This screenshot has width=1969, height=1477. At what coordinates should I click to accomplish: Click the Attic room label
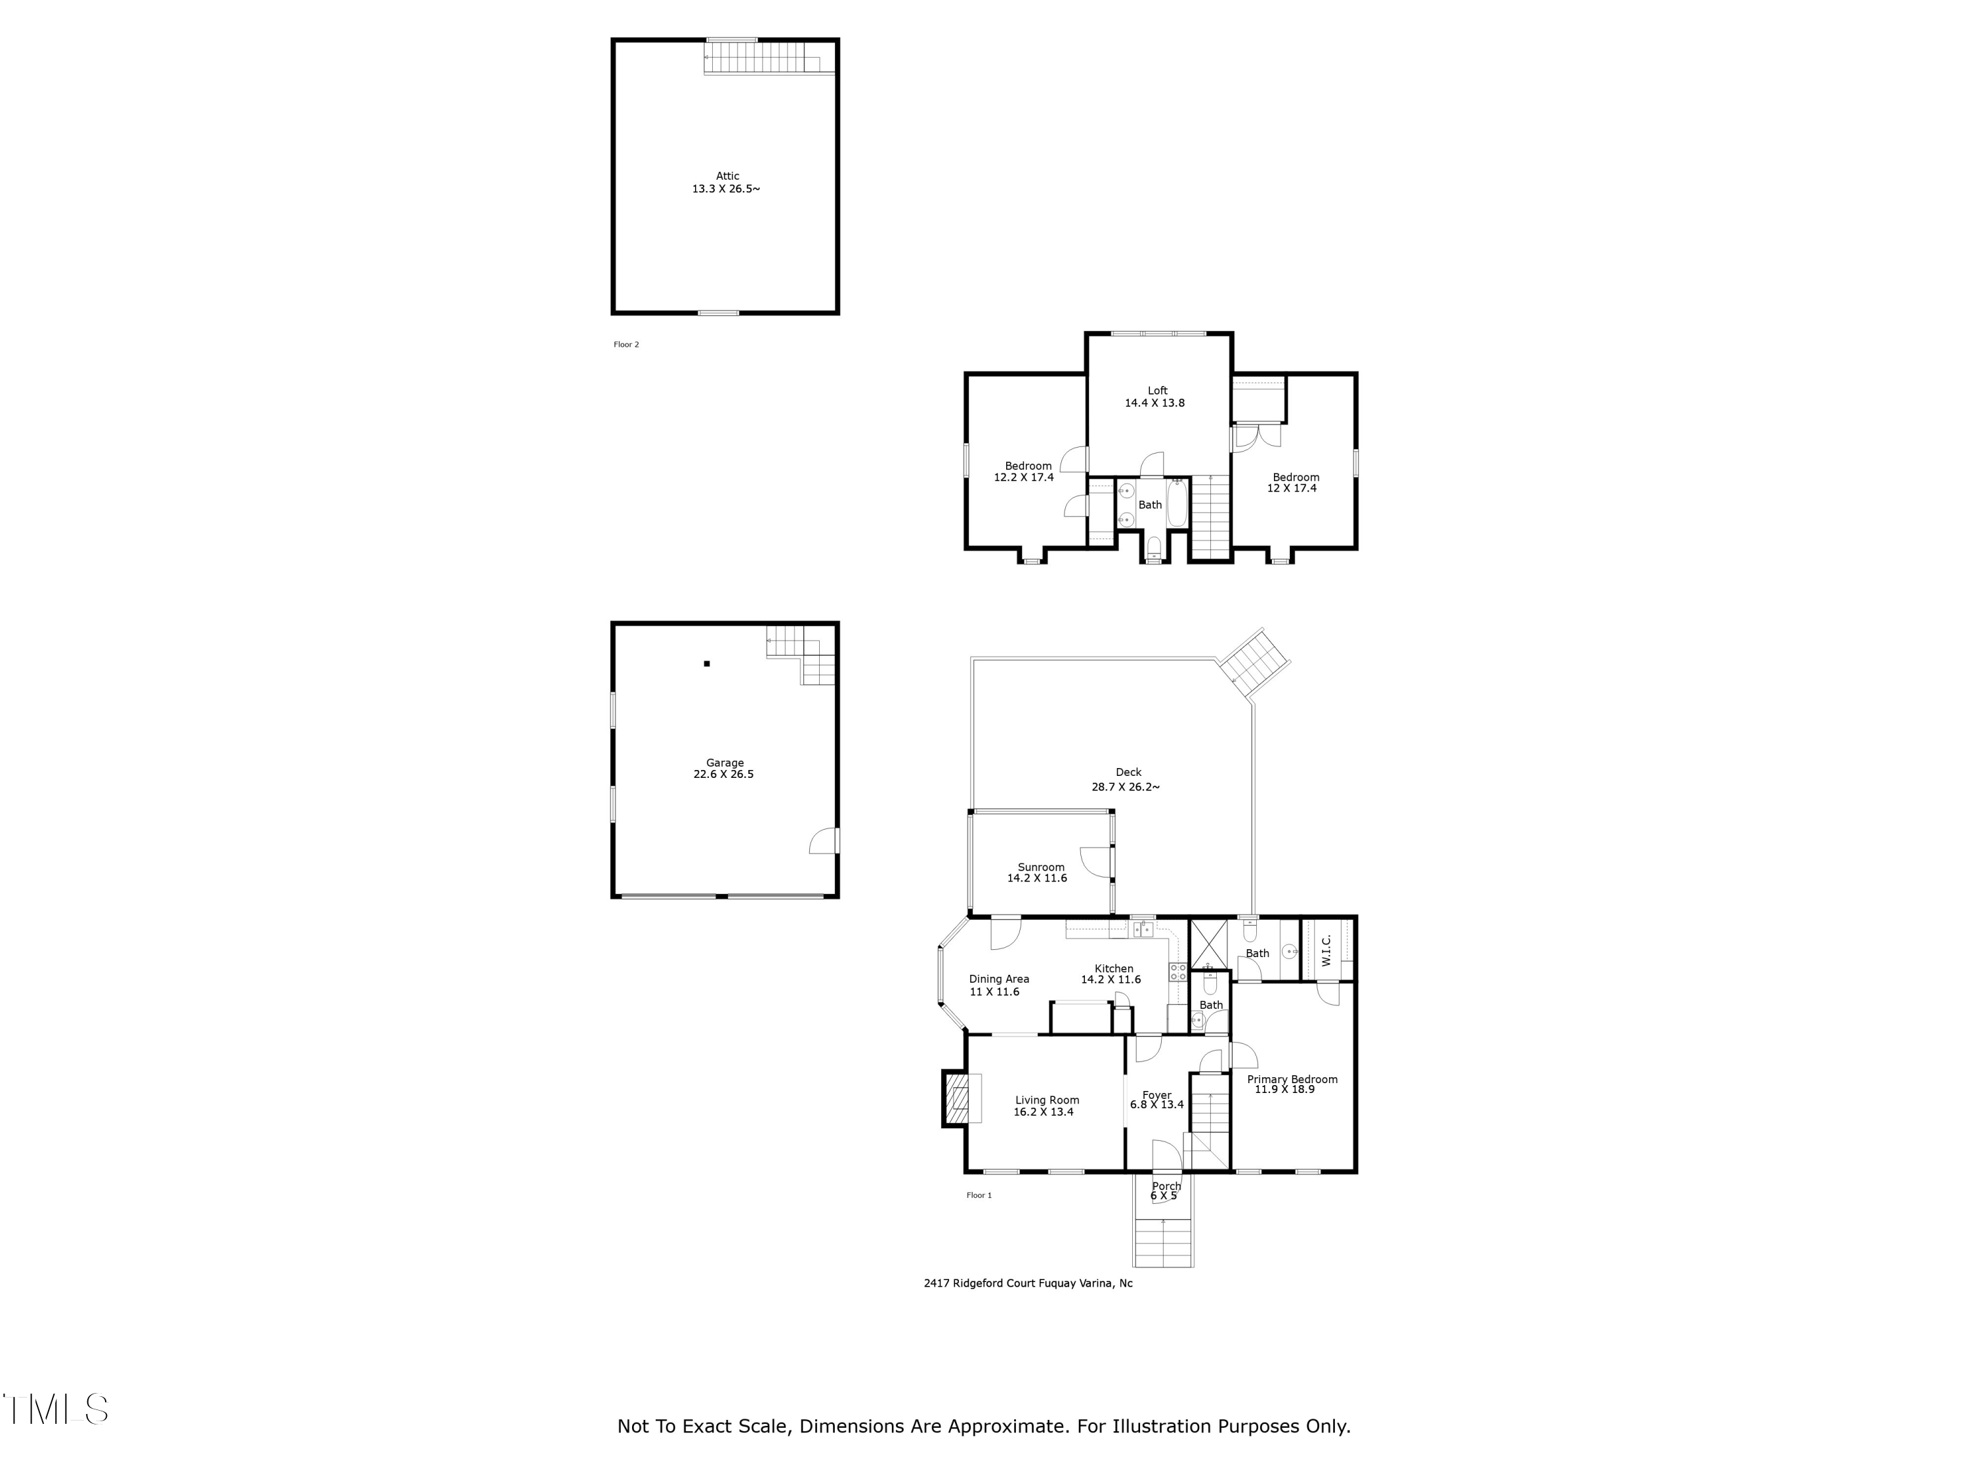[727, 177]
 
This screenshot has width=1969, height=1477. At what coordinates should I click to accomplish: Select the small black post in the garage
[707, 663]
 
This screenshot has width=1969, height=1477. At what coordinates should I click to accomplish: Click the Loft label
[1157, 391]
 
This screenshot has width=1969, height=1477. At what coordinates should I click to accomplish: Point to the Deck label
[1128, 773]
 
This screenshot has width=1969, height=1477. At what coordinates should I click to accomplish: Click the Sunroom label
[1040, 867]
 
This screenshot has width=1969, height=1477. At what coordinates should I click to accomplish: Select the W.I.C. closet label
[1326, 950]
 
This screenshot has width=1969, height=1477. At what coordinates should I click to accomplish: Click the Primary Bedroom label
[1292, 1079]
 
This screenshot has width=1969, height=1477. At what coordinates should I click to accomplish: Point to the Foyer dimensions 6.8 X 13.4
[1156, 1105]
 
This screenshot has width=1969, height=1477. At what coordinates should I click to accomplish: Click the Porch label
[1166, 1186]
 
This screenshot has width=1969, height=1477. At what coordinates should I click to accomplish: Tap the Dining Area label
[999, 979]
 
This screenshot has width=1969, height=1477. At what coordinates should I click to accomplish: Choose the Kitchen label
[1114, 969]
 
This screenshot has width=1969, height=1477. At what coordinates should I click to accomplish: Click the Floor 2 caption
[625, 345]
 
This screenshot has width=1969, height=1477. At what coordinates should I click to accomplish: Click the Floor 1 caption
[979, 1195]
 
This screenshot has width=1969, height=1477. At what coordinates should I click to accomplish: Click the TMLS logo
[55, 1409]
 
